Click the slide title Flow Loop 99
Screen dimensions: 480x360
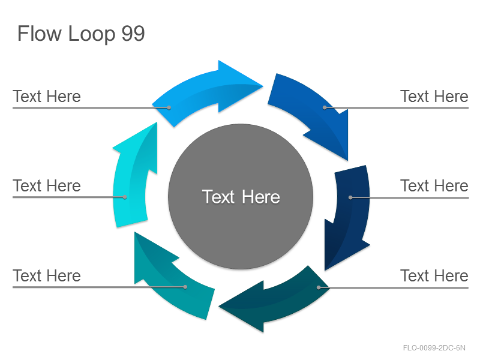[x=81, y=34]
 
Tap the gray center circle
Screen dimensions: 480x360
[x=241, y=197]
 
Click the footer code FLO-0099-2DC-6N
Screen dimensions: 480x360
[x=434, y=348]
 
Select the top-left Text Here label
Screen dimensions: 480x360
[x=47, y=97]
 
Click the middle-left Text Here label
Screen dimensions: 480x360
[x=47, y=186]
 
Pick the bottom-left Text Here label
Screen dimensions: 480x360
[x=47, y=275]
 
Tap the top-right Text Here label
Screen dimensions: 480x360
[x=434, y=97]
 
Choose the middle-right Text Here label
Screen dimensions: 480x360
[x=434, y=186]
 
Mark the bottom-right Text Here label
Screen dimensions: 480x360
[x=434, y=275]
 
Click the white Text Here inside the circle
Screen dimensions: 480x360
[x=241, y=197]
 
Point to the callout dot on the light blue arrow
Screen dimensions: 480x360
[x=169, y=107]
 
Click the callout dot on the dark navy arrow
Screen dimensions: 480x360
[x=350, y=197]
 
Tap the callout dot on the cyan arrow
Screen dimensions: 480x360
[x=125, y=197]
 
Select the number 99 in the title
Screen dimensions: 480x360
[x=133, y=34]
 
